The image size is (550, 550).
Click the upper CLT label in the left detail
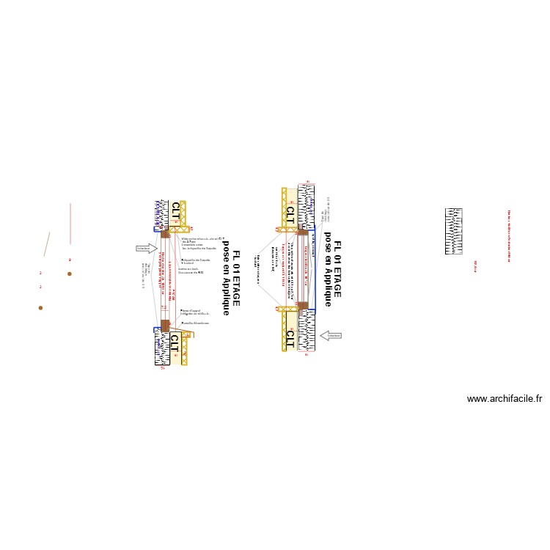click(x=175, y=213)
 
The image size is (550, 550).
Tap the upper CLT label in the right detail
click(x=290, y=214)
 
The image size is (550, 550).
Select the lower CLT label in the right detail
click(x=290, y=338)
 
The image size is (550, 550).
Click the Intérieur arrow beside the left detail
click(x=146, y=248)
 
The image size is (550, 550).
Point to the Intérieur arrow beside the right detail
click(x=331, y=336)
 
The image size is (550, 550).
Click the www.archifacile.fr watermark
click(x=504, y=400)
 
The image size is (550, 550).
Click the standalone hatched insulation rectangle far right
click(x=454, y=232)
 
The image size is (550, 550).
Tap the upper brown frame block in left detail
click(x=165, y=233)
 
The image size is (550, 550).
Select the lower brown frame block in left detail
click(x=165, y=325)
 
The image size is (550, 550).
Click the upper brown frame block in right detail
click(x=302, y=231)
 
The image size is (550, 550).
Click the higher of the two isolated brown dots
click(x=70, y=274)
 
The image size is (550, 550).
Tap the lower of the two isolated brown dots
click(x=40, y=308)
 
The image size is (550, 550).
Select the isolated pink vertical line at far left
click(x=70, y=224)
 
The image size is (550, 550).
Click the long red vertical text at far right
click(x=508, y=235)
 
